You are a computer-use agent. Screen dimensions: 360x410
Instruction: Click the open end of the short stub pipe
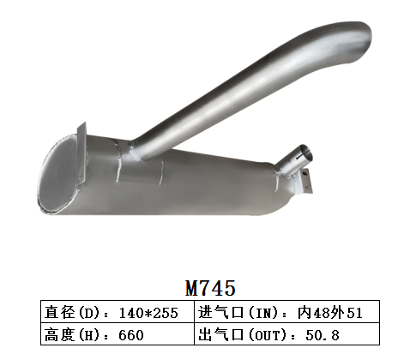pyautogui.click(x=305, y=155)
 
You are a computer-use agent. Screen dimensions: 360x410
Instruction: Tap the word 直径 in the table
pyautogui.click(x=57, y=313)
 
